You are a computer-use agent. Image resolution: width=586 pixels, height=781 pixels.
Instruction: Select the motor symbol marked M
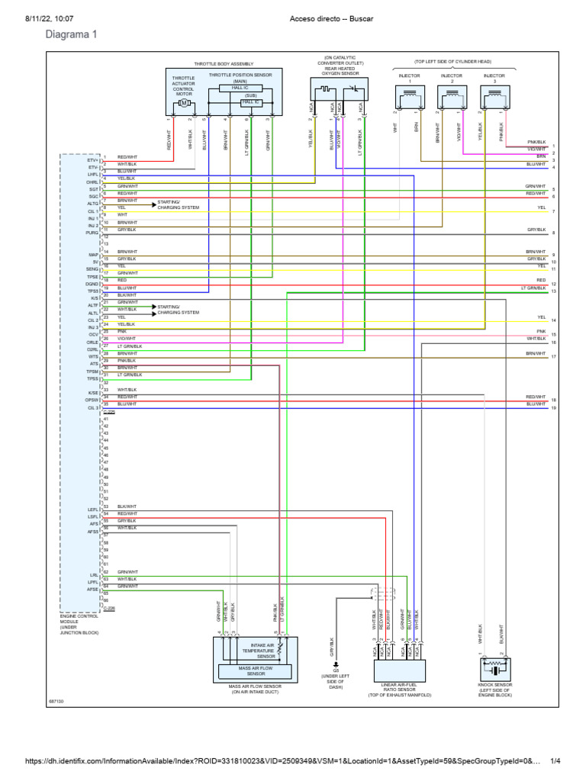click(x=183, y=102)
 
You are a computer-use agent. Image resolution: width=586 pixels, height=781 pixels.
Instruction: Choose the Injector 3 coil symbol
click(x=494, y=97)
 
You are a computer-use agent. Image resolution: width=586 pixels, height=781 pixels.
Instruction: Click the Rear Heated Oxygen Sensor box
click(x=340, y=92)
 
